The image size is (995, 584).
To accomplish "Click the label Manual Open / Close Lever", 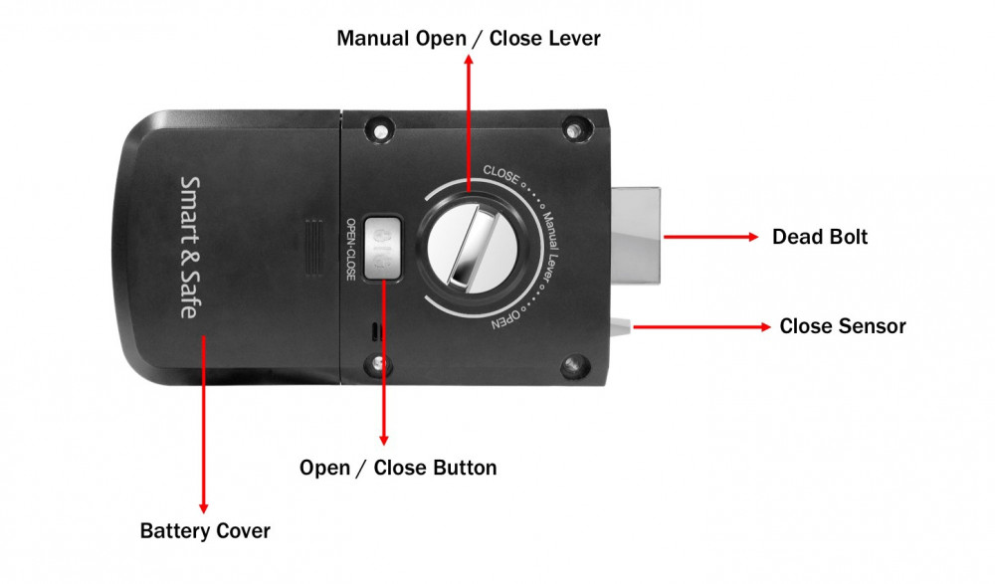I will click(469, 39).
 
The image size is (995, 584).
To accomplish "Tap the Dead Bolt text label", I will click(820, 237).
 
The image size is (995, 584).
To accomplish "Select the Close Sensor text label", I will click(842, 326).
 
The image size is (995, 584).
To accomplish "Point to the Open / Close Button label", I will click(398, 468).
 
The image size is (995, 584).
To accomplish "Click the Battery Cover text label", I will click(205, 530).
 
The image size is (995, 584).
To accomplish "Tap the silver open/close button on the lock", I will click(382, 245).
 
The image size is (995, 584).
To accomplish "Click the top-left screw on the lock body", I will click(377, 130).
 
